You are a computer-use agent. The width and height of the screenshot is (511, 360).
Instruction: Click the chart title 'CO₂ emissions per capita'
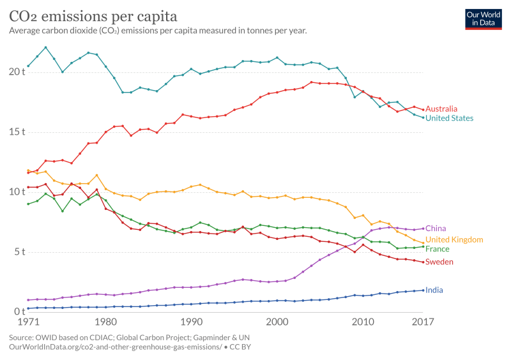pos(93,15)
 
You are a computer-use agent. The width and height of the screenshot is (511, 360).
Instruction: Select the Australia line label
pos(441,109)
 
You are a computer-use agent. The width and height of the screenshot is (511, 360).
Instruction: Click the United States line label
pos(449,118)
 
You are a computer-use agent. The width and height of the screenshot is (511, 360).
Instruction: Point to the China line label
pos(436,228)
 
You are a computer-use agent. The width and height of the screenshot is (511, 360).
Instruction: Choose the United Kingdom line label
pos(454,239)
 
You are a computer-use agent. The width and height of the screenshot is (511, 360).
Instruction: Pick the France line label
pos(438,249)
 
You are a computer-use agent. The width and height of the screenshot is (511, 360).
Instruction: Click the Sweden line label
pos(439,262)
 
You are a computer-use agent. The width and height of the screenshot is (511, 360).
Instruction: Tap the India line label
pos(434,290)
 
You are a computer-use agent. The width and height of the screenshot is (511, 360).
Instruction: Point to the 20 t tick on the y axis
pos(17,72)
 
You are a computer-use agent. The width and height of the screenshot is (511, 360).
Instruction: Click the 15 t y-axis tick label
pos(17,132)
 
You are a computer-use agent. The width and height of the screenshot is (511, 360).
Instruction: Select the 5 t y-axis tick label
pos(19,251)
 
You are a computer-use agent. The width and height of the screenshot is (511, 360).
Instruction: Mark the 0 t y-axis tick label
pos(19,311)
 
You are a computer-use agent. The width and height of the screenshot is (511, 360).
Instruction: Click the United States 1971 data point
pos(28,66)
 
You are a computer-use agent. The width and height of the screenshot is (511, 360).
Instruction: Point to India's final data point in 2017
pos(422,290)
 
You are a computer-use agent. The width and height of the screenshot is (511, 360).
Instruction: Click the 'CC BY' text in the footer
pos(238,347)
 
